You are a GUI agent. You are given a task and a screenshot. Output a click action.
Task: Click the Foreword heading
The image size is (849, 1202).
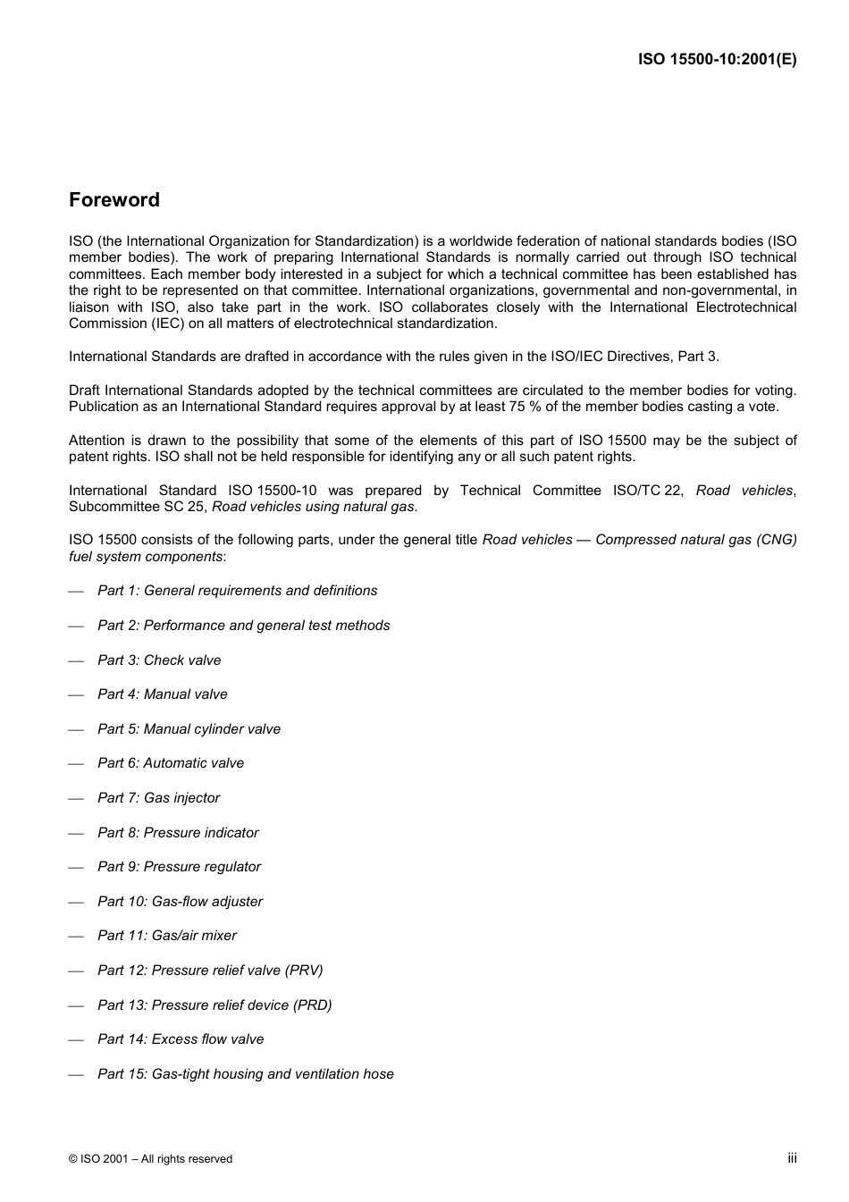click(114, 200)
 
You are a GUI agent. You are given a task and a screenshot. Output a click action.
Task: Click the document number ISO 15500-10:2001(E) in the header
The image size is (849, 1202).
click(717, 60)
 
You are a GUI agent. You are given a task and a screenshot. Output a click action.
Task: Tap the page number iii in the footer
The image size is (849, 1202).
click(792, 1158)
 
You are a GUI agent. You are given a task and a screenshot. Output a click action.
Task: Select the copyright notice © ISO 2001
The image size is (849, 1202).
click(150, 1159)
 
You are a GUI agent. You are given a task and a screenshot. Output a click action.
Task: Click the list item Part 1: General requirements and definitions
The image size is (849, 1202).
click(237, 591)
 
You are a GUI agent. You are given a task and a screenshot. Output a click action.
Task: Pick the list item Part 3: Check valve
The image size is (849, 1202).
click(159, 660)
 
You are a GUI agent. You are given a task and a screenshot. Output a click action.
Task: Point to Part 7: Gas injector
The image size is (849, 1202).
click(158, 798)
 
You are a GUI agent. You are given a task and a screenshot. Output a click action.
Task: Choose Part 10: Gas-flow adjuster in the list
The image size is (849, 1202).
click(180, 902)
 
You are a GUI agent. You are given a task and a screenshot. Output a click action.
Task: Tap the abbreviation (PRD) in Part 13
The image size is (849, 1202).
click(312, 1005)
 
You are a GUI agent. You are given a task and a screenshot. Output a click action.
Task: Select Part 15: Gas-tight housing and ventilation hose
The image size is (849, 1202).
click(245, 1074)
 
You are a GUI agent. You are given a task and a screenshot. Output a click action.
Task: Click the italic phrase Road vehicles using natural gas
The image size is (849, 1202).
click(313, 507)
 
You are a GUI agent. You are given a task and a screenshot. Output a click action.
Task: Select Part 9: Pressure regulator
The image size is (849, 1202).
click(179, 867)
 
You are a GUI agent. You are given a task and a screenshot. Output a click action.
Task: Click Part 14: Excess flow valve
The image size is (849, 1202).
click(181, 1039)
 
